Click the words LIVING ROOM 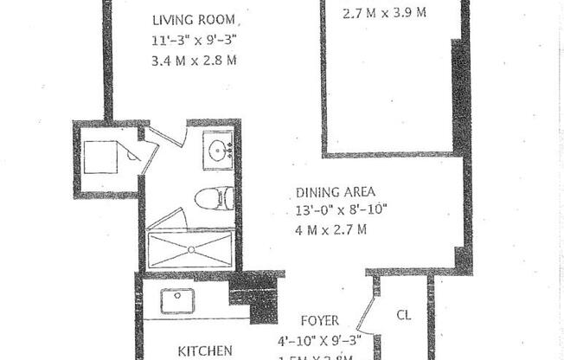(x=196, y=20)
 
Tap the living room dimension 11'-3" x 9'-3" (x=195, y=40)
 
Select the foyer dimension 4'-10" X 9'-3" (x=318, y=338)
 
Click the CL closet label (x=403, y=315)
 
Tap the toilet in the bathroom (x=212, y=199)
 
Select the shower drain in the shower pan (x=190, y=250)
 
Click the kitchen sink (x=176, y=301)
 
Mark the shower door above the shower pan (x=166, y=219)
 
